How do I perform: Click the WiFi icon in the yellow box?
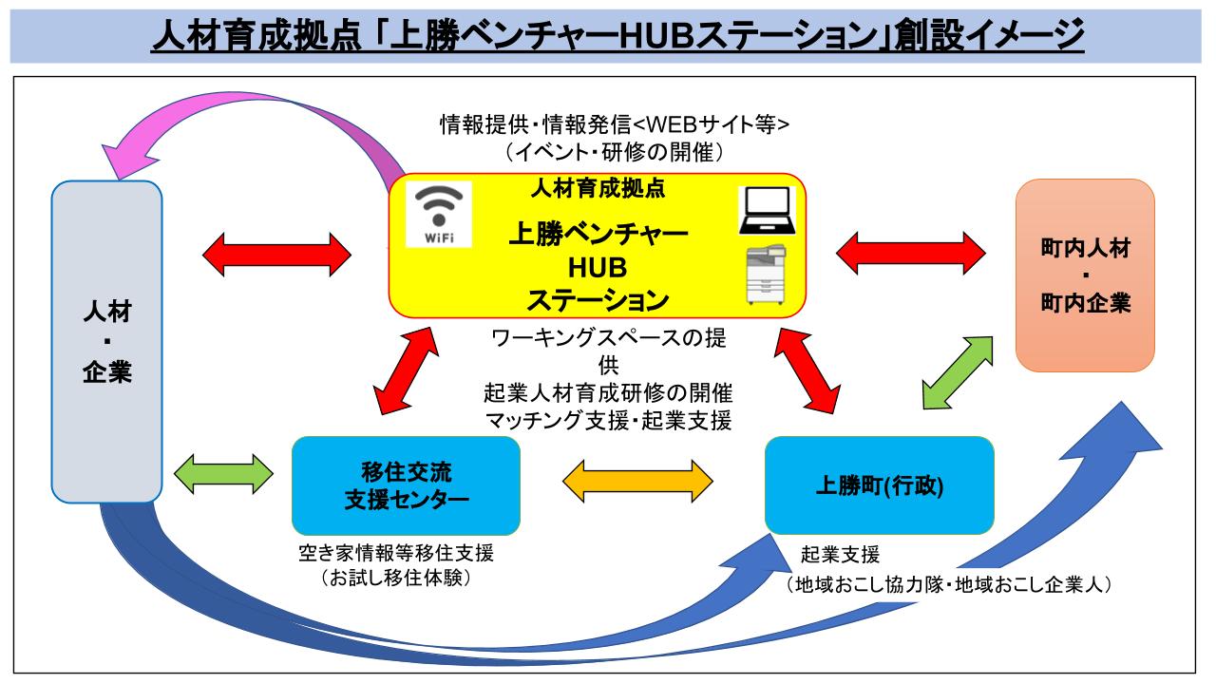(x=439, y=215)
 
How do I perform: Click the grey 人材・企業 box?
(x=106, y=342)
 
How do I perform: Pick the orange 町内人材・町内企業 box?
(x=1085, y=275)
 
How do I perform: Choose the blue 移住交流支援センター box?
(x=406, y=485)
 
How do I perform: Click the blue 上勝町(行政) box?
(x=879, y=485)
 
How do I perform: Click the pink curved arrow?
(x=237, y=114)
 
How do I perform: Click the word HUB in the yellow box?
(x=598, y=269)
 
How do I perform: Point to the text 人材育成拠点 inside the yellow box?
(x=598, y=188)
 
